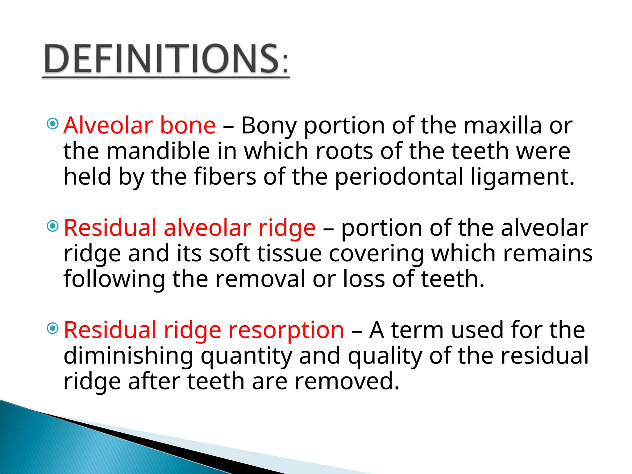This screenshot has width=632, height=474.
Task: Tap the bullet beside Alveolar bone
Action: click(53, 124)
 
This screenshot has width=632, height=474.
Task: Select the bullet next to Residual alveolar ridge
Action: click(53, 226)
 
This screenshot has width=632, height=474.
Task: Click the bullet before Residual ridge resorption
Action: click(53, 328)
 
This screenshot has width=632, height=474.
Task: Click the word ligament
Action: click(522, 177)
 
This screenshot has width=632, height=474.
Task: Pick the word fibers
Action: click(225, 177)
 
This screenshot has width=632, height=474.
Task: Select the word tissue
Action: click(289, 254)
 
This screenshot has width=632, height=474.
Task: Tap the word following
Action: click(114, 279)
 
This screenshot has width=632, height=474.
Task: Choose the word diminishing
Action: click(128, 356)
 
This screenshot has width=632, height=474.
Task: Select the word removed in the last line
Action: click(347, 382)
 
